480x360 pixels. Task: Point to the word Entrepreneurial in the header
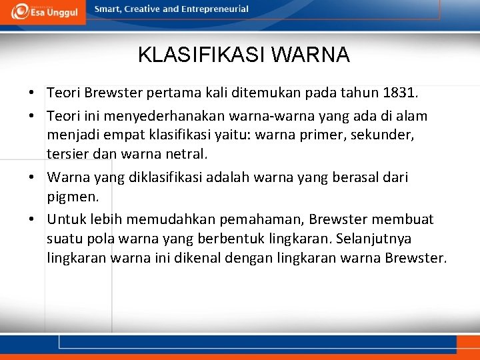(215, 9)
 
